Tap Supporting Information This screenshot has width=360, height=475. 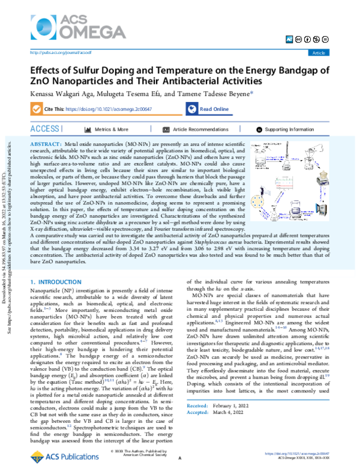pos(289,129)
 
